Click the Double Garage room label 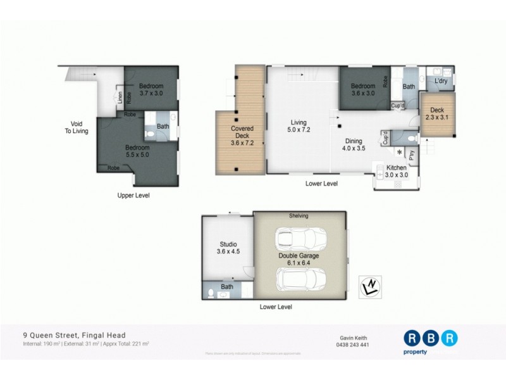point(299,260)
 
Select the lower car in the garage point(300,279)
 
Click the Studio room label point(228,247)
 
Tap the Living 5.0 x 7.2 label point(299,127)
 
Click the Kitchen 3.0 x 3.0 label point(397,171)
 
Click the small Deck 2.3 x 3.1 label point(437,113)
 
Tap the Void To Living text point(80,127)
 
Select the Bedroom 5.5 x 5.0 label point(137,151)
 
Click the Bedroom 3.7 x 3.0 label point(151,89)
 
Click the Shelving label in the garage point(299,216)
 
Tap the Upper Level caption point(133,196)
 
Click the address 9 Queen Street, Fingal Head point(74,335)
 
